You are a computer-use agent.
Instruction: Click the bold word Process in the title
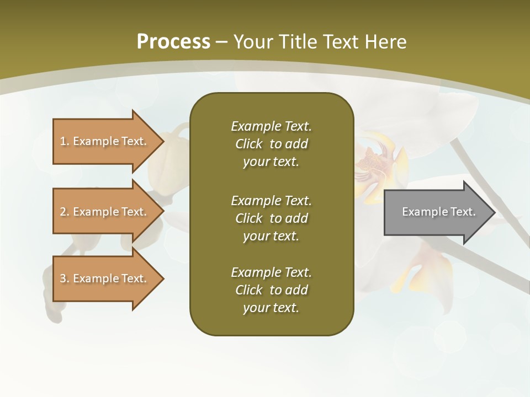pyautogui.click(x=173, y=41)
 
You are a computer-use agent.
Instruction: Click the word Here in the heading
pyautogui.click(x=385, y=41)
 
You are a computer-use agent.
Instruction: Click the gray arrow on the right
pyautogui.click(x=431, y=212)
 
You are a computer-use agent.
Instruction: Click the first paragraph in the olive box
pyautogui.click(x=271, y=144)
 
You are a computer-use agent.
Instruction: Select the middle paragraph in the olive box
pyautogui.click(x=271, y=218)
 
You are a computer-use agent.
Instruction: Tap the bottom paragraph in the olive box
pyautogui.click(x=271, y=290)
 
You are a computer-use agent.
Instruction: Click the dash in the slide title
pyautogui.click(x=221, y=41)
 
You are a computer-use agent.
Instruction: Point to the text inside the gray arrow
pyautogui.click(x=438, y=212)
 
